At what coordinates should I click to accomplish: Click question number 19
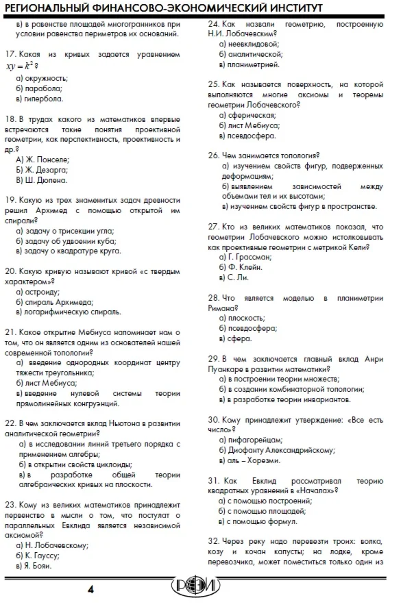[9, 200]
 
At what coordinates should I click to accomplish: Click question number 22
[10, 422]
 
